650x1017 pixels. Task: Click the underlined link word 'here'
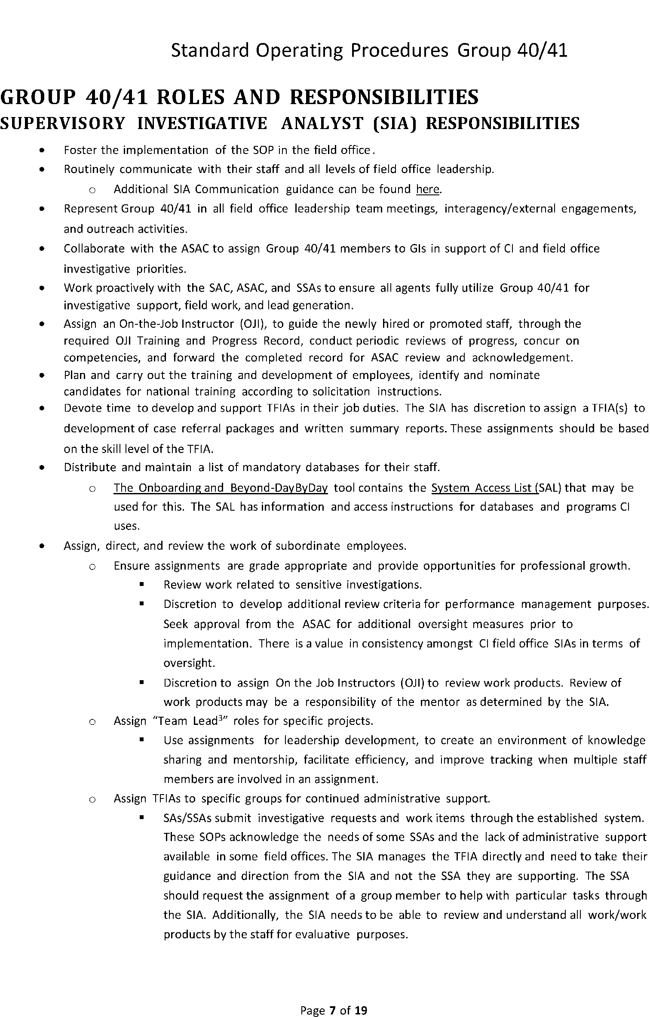point(428,189)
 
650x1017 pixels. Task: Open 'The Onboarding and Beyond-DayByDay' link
point(221,488)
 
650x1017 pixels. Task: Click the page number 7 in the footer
point(332,998)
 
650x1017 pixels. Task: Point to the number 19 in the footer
point(361,998)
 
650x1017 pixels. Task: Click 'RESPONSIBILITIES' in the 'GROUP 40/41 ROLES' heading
point(384,97)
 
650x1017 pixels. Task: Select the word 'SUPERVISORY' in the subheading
point(62,123)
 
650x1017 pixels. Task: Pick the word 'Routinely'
point(89,169)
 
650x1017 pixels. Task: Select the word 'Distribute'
point(90,467)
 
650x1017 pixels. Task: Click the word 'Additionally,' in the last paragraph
point(245,915)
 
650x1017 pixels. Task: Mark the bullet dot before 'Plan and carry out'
point(41,376)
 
